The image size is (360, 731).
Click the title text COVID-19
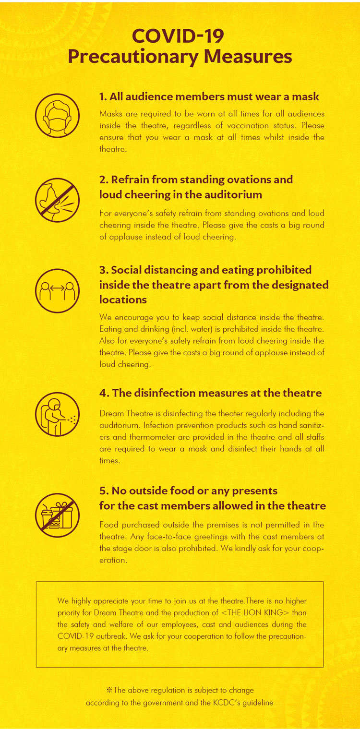178,36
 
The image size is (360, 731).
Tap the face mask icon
57,116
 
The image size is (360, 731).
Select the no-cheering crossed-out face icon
57,200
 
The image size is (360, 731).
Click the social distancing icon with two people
57,290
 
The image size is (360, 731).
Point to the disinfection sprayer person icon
57,414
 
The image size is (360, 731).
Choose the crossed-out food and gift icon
57,515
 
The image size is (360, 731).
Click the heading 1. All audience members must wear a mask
209,96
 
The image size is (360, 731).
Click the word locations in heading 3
123,300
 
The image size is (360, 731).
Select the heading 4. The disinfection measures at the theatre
210,393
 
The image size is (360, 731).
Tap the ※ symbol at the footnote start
109,690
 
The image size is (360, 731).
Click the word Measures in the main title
248,56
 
